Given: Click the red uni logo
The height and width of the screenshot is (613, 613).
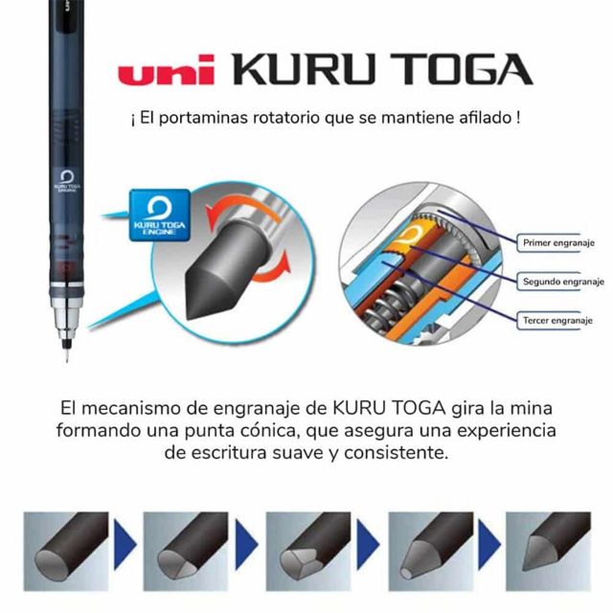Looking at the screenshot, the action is pyautogui.click(x=166, y=70).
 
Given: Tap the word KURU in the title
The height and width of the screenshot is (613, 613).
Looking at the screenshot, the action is pyautogui.click(x=304, y=69).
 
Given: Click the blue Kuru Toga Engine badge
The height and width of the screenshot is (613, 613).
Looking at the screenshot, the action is pyautogui.click(x=160, y=215).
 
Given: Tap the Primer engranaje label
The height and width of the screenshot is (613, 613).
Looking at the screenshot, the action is pyautogui.click(x=558, y=242).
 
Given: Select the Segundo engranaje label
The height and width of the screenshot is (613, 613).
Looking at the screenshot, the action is pyautogui.click(x=563, y=282).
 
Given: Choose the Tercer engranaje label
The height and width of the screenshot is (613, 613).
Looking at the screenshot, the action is pyautogui.click(x=557, y=321).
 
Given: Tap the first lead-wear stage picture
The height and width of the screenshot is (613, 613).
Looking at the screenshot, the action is pyautogui.click(x=66, y=552).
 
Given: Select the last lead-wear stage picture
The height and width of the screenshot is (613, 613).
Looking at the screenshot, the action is pyautogui.click(x=548, y=552).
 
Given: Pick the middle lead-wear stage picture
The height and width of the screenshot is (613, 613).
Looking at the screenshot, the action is pyautogui.click(x=308, y=552).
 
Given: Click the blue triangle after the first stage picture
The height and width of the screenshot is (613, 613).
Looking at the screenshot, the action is pyautogui.click(x=125, y=544).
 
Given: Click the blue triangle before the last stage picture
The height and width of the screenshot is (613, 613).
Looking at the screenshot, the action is pyautogui.click(x=489, y=544).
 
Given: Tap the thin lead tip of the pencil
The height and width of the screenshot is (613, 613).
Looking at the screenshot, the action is pyautogui.click(x=67, y=353).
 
